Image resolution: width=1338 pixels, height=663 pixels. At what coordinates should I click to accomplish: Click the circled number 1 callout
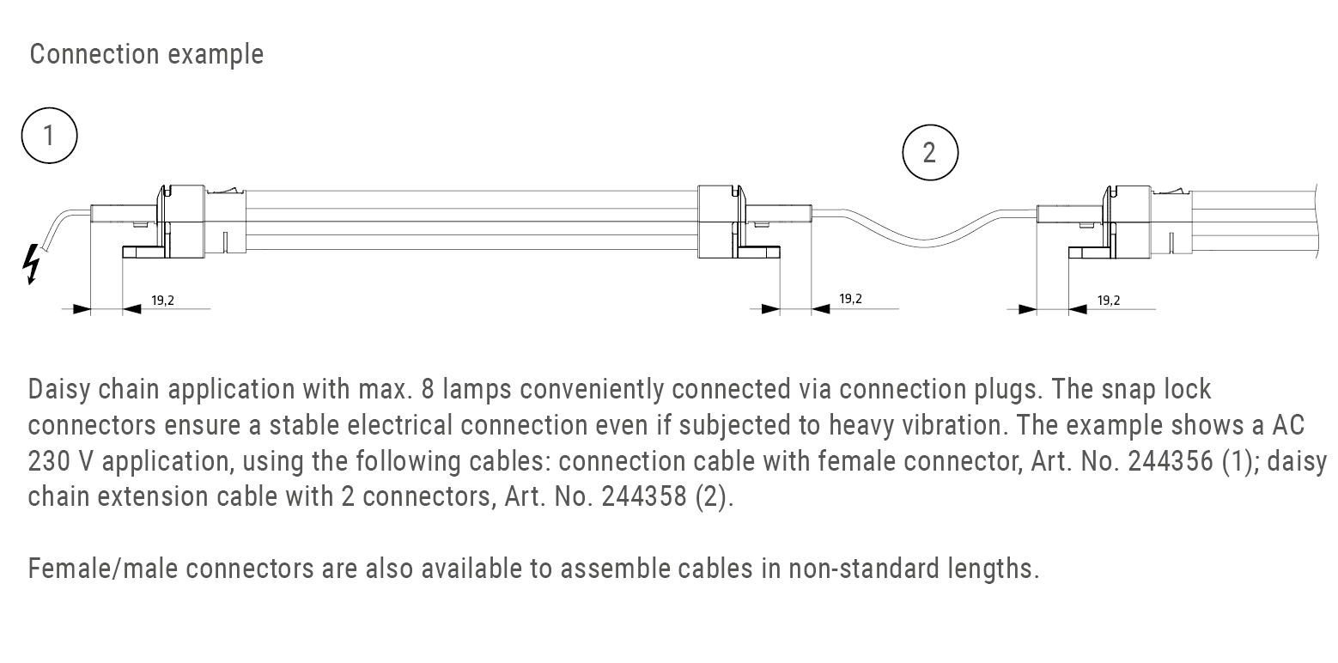49,136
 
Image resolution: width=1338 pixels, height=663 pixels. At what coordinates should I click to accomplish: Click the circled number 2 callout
929,153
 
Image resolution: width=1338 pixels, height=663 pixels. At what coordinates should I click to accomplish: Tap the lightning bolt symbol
33,263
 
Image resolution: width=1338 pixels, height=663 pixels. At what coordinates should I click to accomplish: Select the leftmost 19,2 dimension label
162,301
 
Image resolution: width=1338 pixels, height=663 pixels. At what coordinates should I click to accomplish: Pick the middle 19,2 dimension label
850,299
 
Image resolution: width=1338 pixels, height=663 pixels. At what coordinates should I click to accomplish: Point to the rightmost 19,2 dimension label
1108,301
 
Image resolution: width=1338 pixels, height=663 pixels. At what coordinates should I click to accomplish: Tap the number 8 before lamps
428,390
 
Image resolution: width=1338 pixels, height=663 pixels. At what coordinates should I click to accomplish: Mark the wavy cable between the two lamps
923,225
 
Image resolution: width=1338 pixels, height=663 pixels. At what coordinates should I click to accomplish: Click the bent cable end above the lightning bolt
60,223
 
